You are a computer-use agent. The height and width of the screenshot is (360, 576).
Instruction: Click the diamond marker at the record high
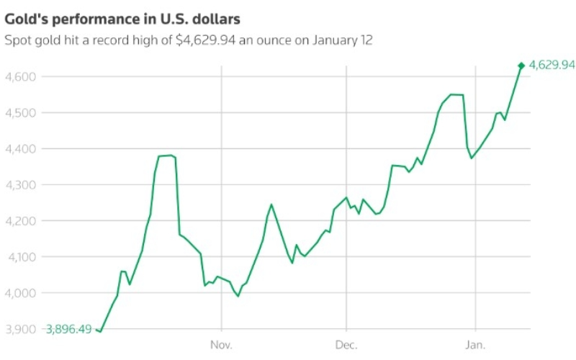click(x=521, y=66)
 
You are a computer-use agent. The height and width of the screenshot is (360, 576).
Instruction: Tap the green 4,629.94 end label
click(x=552, y=65)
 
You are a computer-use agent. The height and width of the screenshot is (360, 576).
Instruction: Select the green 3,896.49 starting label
click(x=68, y=329)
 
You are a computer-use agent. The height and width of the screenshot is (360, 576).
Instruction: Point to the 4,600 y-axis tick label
click(x=21, y=76)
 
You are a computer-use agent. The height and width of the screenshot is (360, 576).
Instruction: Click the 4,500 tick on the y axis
click(x=21, y=112)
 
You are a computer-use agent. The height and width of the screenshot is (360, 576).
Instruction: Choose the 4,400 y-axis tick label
click(x=21, y=149)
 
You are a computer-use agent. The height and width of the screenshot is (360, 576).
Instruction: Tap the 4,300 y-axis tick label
click(x=21, y=185)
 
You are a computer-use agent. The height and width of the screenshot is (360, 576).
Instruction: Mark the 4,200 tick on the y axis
click(x=21, y=221)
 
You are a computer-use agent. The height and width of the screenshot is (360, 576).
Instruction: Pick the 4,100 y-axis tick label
click(x=22, y=257)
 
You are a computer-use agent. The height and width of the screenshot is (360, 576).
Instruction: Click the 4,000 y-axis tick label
click(x=21, y=293)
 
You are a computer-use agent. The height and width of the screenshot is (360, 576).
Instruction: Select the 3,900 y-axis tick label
click(x=21, y=329)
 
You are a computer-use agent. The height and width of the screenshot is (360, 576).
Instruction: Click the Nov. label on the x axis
click(x=221, y=345)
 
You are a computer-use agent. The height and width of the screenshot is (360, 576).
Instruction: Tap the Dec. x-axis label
click(x=346, y=345)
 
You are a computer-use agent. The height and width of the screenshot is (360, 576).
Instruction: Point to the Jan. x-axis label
click(x=475, y=345)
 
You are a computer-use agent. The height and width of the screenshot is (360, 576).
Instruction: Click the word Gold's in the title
click(x=26, y=19)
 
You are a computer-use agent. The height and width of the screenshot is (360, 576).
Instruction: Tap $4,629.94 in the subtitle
click(x=206, y=40)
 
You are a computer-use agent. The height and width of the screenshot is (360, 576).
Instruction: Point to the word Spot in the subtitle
click(x=18, y=40)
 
